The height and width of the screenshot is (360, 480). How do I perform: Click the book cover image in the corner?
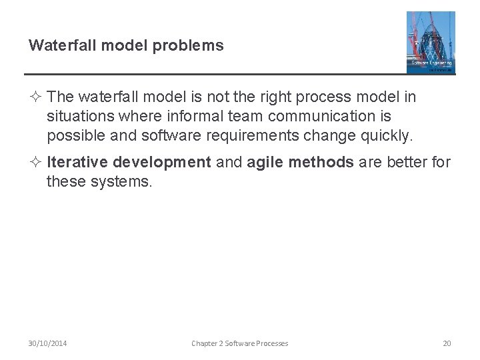tap(431, 42)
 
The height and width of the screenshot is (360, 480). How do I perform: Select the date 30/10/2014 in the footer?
tap(47, 343)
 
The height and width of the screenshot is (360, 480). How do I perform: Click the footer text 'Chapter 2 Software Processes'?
tap(239, 343)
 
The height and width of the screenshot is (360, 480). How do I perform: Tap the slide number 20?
tap(447, 343)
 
